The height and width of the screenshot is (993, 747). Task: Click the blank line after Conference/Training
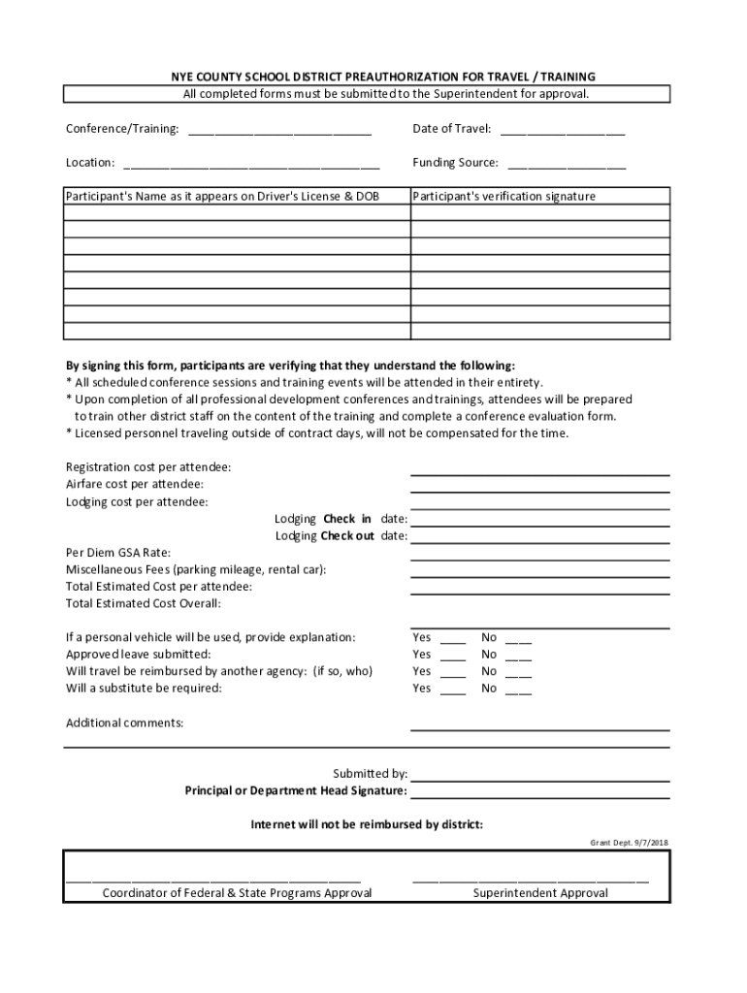pyautogui.click(x=279, y=131)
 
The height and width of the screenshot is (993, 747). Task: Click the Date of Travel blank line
pyautogui.click(x=563, y=131)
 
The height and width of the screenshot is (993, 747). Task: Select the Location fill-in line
pyautogui.click(x=251, y=165)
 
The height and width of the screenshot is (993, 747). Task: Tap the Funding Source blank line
pyautogui.click(x=567, y=165)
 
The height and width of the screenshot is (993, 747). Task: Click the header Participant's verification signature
pyautogui.click(x=504, y=196)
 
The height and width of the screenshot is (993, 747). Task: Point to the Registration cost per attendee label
pyautogui.click(x=148, y=467)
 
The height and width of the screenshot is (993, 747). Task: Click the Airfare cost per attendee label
pyautogui.click(x=135, y=484)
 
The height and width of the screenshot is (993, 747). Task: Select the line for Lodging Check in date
pyautogui.click(x=539, y=519)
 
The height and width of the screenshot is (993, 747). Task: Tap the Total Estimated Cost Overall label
pyautogui.click(x=144, y=603)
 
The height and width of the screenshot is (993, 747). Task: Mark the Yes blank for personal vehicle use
pyautogui.click(x=453, y=640)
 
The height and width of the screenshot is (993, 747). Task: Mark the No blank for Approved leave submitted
pyautogui.click(x=518, y=657)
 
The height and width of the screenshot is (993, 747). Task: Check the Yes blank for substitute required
pyautogui.click(x=453, y=690)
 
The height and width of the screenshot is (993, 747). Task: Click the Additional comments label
pyautogui.click(x=124, y=722)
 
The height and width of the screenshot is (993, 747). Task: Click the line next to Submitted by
pyautogui.click(x=539, y=776)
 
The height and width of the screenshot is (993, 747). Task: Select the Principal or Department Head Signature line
pyautogui.click(x=539, y=792)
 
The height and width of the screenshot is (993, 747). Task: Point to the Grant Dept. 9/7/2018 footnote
pyautogui.click(x=630, y=843)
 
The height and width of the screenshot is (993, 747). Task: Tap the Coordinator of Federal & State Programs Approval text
pyautogui.click(x=238, y=893)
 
